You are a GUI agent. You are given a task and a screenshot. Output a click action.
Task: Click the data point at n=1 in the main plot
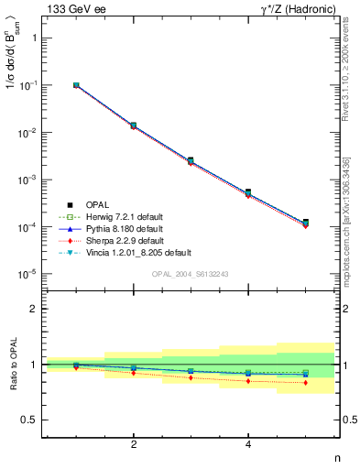point(76,85)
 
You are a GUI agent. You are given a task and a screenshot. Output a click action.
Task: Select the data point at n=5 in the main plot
point(305,223)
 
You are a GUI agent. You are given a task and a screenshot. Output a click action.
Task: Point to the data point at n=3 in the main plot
point(191,160)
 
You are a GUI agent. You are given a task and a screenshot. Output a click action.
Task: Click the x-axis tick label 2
point(134,444)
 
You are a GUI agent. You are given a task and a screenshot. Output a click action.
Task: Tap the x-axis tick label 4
point(248,444)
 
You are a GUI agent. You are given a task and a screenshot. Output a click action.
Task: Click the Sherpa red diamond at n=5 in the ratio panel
point(305,383)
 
